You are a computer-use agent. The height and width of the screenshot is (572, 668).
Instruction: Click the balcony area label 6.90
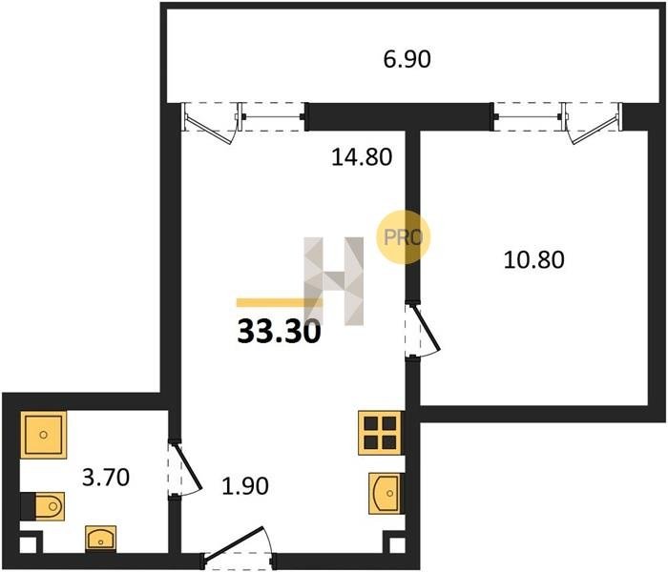tap(407, 59)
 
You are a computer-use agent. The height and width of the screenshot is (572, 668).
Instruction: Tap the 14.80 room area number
tap(362, 157)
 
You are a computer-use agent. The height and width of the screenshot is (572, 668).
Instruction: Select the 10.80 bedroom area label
tap(533, 259)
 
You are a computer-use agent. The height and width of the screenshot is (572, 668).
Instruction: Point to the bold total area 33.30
tap(279, 332)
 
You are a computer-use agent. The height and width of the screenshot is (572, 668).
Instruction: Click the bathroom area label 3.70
tap(106, 477)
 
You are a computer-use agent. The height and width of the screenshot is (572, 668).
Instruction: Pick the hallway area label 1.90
tap(245, 485)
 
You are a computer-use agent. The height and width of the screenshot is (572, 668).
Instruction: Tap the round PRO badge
tap(403, 237)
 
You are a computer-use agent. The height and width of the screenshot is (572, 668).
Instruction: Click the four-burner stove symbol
tap(380, 433)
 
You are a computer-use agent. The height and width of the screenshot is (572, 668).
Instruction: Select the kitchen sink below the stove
tap(385, 493)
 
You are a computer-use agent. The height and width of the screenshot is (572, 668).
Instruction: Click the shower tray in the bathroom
tap(44, 435)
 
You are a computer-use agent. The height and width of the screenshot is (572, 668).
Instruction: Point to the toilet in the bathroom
tap(43, 506)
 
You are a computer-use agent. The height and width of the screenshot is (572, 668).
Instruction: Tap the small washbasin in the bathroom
tap(100, 539)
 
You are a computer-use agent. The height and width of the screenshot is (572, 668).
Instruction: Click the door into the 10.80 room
tap(423, 330)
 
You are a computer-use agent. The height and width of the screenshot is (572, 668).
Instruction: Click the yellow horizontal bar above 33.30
tap(280, 302)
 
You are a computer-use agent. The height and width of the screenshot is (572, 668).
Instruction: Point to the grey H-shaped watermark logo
tap(334, 281)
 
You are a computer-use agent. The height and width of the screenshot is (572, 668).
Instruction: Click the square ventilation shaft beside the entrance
tap(397, 545)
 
